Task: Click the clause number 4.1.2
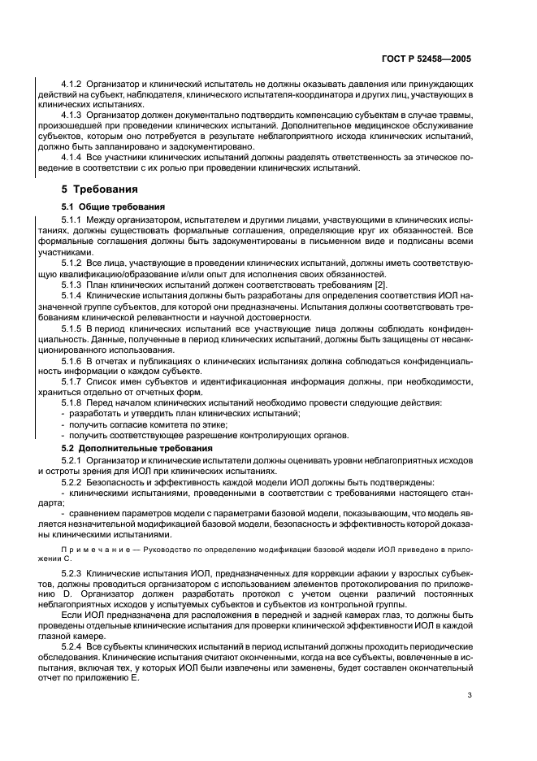[x=74, y=85]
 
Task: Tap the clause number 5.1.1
[x=74, y=220]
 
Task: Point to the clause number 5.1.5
[x=74, y=327]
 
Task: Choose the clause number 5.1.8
[x=74, y=403]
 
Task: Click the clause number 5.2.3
[x=74, y=574]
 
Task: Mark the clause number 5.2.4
[x=74, y=645]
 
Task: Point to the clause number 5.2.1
[x=74, y=461]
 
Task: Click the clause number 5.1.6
[x=74, y=359]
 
